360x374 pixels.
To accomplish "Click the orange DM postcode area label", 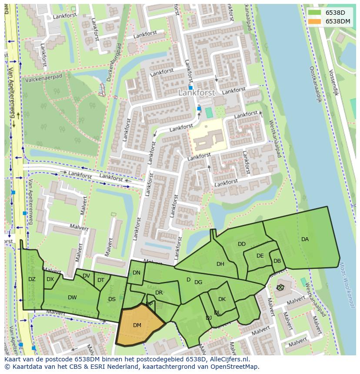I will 137,325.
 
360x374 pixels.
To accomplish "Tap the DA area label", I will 305,239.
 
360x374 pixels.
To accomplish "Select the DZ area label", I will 32,279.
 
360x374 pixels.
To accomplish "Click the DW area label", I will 72,298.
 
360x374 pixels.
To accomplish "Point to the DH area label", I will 220,264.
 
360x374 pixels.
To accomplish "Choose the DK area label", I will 222,299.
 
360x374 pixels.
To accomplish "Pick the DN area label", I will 137,273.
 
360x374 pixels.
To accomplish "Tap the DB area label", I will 277,261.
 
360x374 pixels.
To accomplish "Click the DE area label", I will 260,256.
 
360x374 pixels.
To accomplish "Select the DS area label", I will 112,299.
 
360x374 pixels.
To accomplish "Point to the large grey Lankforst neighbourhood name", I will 197,93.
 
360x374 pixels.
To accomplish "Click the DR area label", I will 159,293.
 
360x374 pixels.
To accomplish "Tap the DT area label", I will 101,280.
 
